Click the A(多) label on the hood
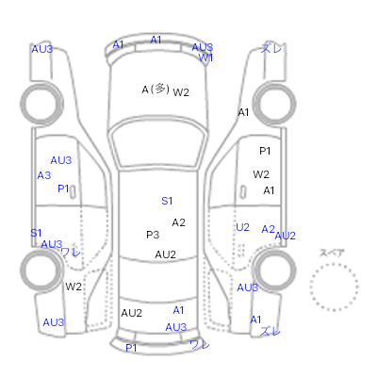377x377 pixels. tap(156, 90)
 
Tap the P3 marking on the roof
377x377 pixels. tap(153, 235)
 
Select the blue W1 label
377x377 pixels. tap(205, 57)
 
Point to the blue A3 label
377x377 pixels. tap(44, 175)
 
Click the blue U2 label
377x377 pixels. tap(242, 227)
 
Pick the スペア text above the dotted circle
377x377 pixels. tap(332, 253)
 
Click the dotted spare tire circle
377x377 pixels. tap(334, 264)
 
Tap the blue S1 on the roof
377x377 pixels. tap(167, 201)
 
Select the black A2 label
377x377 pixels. tap(178, 222)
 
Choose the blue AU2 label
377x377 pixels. tap(286, 236)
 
